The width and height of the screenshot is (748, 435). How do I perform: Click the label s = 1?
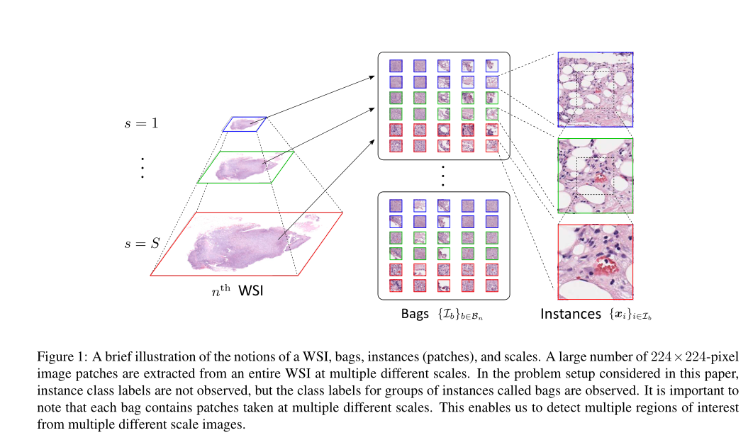point(142,123)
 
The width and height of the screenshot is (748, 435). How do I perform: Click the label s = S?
point(142,244)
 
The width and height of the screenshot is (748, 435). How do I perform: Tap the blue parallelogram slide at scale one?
point(245,124)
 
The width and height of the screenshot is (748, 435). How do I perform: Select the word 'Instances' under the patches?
point(570,314)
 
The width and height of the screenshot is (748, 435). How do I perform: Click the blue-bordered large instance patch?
point(595,89)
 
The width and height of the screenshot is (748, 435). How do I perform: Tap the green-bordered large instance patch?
point(595,175)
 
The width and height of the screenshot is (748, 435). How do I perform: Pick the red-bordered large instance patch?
point(595,261)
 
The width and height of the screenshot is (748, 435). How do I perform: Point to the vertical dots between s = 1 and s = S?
point(142,167)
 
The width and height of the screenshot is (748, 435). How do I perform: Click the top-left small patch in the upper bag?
point(396,66)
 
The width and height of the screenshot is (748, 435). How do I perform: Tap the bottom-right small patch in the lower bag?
point(491,286)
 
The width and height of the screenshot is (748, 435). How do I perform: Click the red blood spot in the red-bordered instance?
point(604,266)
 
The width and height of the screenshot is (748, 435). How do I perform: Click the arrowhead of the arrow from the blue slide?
point(372,76)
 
